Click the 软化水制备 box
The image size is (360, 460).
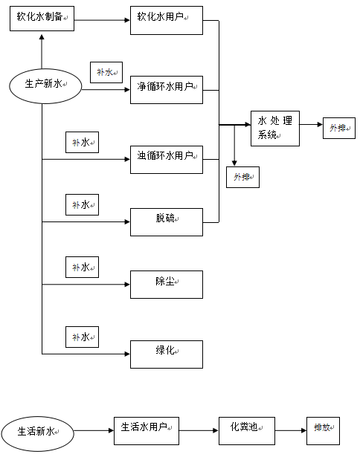(x=42, y=18)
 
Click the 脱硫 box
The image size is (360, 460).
(x=166, y=221)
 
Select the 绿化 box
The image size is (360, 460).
(x=166, y=354)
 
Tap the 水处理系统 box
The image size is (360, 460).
(x=274, y=127)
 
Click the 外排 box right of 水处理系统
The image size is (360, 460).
(x=338, y=128)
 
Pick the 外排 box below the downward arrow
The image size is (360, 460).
(x=242, y=177)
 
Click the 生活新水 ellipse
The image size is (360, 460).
(x=37, y=431)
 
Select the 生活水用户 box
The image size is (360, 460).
(x=147, y=430)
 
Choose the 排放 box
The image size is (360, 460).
(x=323, y=430)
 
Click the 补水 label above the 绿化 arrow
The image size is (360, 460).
(x=82, y=337)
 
